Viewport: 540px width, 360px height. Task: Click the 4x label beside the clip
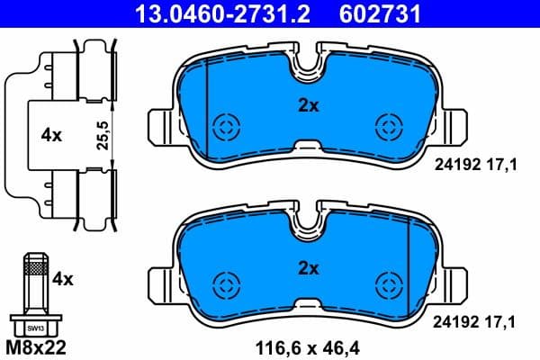click(x=50, y=135)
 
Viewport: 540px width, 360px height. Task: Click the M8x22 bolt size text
click(x=37, y=345)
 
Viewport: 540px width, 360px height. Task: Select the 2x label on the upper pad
click(x=309, y=105)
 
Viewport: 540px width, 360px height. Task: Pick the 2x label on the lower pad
click(x=309, y=266)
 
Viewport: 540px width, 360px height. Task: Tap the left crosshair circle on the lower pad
click(x=224, y=284)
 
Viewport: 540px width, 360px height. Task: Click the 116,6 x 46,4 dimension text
click(x=309, y=345)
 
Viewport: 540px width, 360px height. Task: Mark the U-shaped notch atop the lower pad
click(x=309, y=228)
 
